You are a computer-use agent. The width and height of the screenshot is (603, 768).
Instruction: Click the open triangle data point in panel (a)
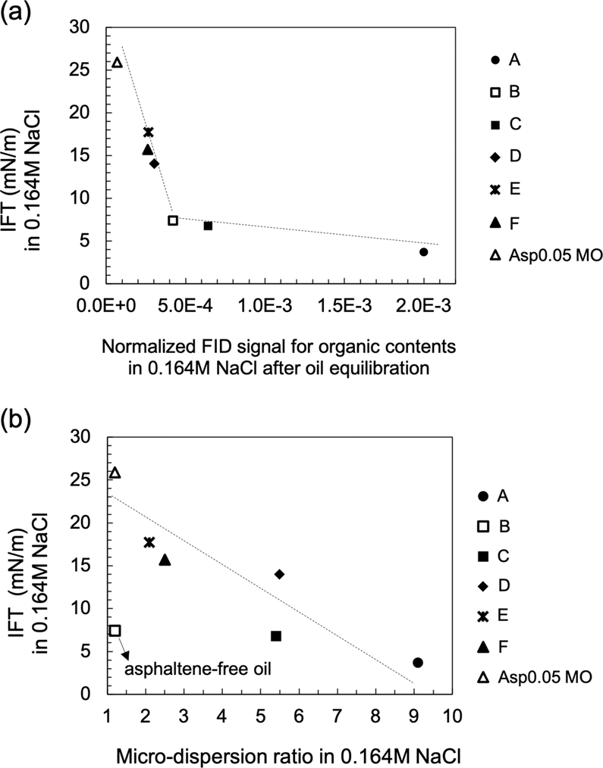click(x=117, y=63)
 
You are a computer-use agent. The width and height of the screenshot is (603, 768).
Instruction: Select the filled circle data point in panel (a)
click(x=424, y=251)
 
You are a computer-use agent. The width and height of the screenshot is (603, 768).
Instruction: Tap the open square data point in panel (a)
click(x=173, y=220)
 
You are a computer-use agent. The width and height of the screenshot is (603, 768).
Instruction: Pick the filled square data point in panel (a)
click(x=208, y=226)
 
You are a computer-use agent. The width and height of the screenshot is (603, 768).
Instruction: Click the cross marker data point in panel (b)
click(x=149, y=542)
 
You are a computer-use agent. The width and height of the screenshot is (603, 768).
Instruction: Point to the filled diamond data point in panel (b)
click(x=279, y=574)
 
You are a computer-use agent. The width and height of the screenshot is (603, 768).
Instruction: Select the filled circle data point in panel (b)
click(x=418, y=663)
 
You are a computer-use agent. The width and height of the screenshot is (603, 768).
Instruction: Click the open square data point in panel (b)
click(x=115, y=630)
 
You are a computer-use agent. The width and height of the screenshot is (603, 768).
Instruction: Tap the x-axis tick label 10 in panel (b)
click(x=452, y=714)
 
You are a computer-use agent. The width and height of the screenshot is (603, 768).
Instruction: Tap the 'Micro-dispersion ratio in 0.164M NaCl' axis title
click(x=280, y=754)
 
